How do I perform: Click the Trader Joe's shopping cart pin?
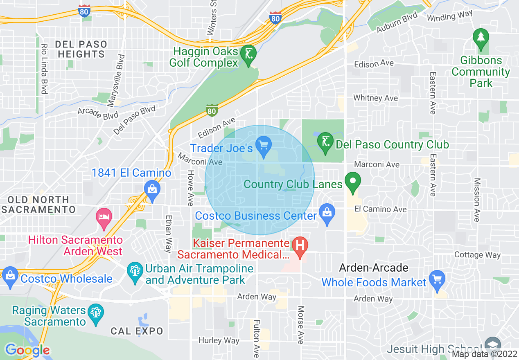coord(264,145)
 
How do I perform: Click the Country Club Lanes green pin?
coord(352,181)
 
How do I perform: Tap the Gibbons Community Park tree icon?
coord(481,38)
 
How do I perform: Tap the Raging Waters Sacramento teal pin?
coord(96,313)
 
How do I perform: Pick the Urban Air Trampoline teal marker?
coord(134,271)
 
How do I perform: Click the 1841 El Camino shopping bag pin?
coord(152,189)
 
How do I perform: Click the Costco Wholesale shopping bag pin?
coord(10,276)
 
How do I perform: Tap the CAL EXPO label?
coord(137,331)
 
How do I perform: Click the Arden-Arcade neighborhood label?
coord(373,268)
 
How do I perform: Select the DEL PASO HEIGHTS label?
coord(81,49)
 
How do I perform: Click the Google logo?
coord(27,350)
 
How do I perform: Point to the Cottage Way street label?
coord(477,255)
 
